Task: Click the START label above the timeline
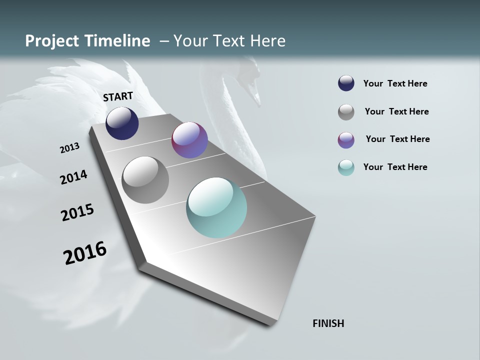[x=118, y=96]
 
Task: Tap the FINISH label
[x=328, y=323]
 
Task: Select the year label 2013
[x=69, y=148]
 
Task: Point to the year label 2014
[x=73, y=177]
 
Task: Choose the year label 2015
[x=77, y=212]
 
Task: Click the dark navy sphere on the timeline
[x=122, y=123]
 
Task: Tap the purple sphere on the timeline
[x=189, y=140]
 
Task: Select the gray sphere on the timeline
[x=145, y=179]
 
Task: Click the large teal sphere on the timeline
[x=216, y=207]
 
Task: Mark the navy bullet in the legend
[x=346, y=83]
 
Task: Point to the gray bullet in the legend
[x=346, y=112]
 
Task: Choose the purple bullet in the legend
[x=346, y=140]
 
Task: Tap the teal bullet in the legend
[x=346, y=167]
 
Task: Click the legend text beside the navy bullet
[x=395, y=83]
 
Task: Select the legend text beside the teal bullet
[x=395, y=167]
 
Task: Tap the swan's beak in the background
[x=256, y=97]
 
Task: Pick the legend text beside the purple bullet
[x=397, y=139]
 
